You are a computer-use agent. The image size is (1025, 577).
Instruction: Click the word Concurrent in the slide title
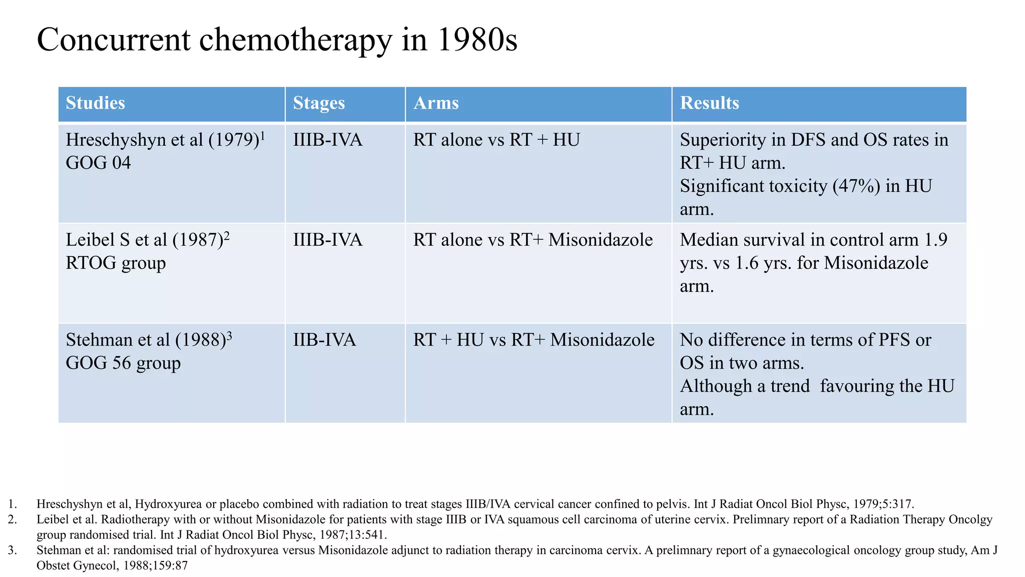click(114, 40)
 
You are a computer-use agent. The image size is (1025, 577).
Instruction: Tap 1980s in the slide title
click(477, 40)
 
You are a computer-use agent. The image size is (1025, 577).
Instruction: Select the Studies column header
click(95, 103)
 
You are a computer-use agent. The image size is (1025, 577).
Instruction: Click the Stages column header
click(319, 103)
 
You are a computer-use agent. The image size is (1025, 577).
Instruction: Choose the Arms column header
click(436, 103)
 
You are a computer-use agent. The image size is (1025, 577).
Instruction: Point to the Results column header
click(709, 103)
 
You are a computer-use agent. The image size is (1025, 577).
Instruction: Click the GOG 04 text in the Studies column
click(98, 163)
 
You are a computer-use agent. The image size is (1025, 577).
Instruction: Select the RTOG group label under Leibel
click(116, 263)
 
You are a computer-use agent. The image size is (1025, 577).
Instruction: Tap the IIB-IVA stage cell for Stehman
click(324, 340)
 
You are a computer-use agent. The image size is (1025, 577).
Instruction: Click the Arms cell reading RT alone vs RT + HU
click(496, 140)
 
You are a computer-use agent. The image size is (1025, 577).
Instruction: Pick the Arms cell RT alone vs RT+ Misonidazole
click(533, 240)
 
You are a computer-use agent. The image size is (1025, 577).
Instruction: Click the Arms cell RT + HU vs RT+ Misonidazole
click(534, 340)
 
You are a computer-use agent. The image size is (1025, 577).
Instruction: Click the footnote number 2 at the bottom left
click(12, 519)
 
